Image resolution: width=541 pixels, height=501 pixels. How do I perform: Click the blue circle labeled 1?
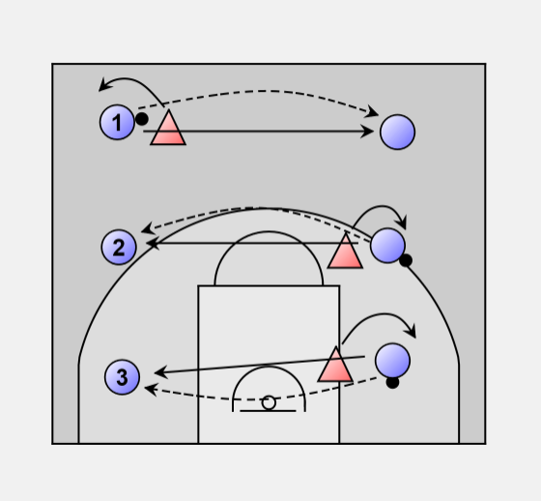(117, 122)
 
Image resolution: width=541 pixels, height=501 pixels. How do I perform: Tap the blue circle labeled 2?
(119, 247)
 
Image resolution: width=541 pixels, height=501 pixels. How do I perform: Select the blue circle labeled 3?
(122, 377)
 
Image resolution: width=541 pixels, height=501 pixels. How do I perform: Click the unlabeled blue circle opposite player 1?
(397, 132)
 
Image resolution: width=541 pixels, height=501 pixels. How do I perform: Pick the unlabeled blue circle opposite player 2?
(387, 246)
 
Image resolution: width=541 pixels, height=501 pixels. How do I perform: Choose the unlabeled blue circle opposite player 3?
(392, 361)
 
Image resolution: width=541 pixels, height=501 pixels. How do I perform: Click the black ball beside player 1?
(142, 119)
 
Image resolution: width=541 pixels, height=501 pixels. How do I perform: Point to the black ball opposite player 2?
(406, 260)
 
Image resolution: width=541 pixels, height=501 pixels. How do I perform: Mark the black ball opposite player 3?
(392, 382)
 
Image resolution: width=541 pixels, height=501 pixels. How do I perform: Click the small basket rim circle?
(269, 403)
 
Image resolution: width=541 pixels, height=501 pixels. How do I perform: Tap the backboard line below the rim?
(268, 411)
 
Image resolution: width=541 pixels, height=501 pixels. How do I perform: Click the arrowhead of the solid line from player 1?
(367, 132)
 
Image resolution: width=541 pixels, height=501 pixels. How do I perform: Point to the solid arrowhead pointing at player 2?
(153, 243)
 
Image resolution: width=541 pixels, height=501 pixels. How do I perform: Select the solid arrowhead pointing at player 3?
(160, 372)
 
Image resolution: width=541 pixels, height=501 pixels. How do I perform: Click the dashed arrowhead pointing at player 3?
(151, 390)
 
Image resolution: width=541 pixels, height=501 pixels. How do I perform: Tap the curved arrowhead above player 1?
(105, 85)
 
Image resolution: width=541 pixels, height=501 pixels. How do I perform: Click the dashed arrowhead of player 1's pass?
(373, 111)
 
